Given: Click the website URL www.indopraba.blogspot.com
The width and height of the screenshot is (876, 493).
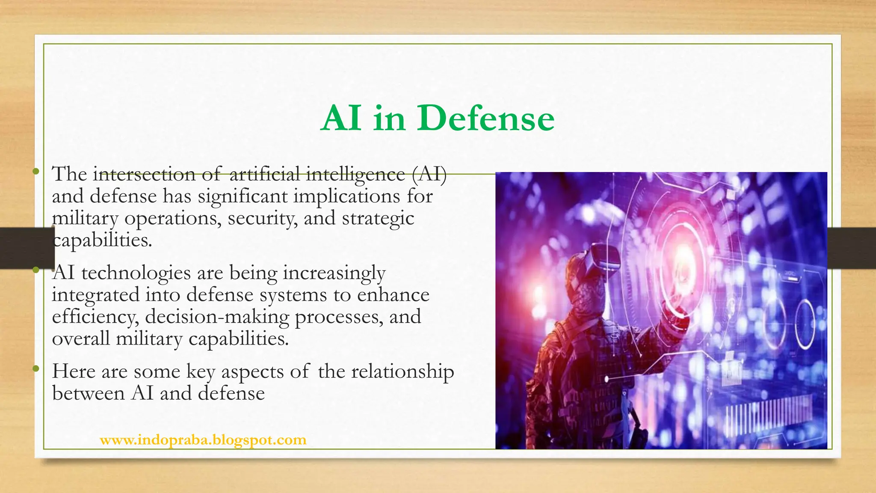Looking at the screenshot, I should click(203, 440).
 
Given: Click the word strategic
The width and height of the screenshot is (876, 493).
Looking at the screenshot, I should click(378, 218).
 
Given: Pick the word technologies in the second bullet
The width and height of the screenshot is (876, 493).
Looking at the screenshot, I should click(136, 273).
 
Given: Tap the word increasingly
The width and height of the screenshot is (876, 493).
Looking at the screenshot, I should click(334, 273).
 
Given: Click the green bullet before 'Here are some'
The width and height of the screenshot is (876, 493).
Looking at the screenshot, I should click(36, 368).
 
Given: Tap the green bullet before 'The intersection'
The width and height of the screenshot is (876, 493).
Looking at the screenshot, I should click(36, 172).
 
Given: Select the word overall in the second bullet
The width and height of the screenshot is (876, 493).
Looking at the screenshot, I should click(81, 339).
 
